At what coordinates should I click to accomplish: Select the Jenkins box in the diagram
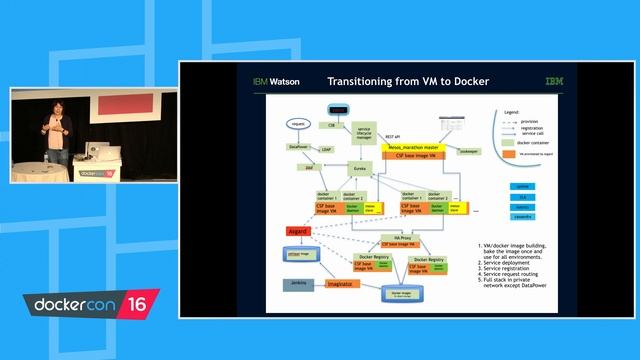coord(299,285)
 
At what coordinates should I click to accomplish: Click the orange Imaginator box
coord(341,285)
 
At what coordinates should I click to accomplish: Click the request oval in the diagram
coord(297,124)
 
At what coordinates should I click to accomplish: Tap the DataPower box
coord(297,146)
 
